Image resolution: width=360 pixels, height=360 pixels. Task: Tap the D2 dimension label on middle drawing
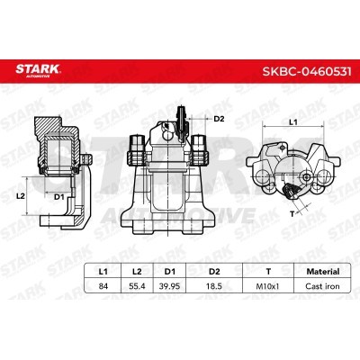click(219, 118)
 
